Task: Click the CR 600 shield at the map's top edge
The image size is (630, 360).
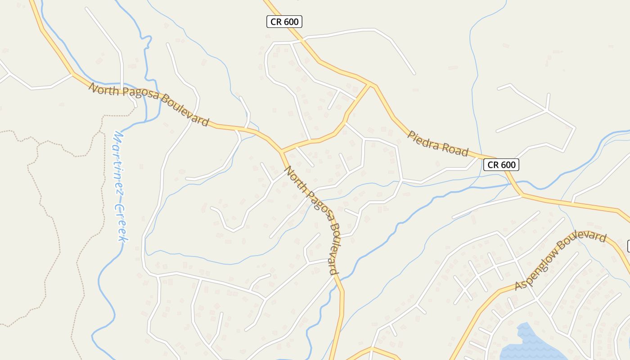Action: (284, 21)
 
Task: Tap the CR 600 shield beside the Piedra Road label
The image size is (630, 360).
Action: (501, 165)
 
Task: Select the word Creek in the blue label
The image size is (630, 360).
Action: (121, 222)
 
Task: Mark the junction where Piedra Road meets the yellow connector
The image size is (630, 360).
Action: (370, 84)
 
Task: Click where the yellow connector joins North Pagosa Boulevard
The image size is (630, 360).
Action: (281, 151)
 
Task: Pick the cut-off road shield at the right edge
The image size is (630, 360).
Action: (628, 246)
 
